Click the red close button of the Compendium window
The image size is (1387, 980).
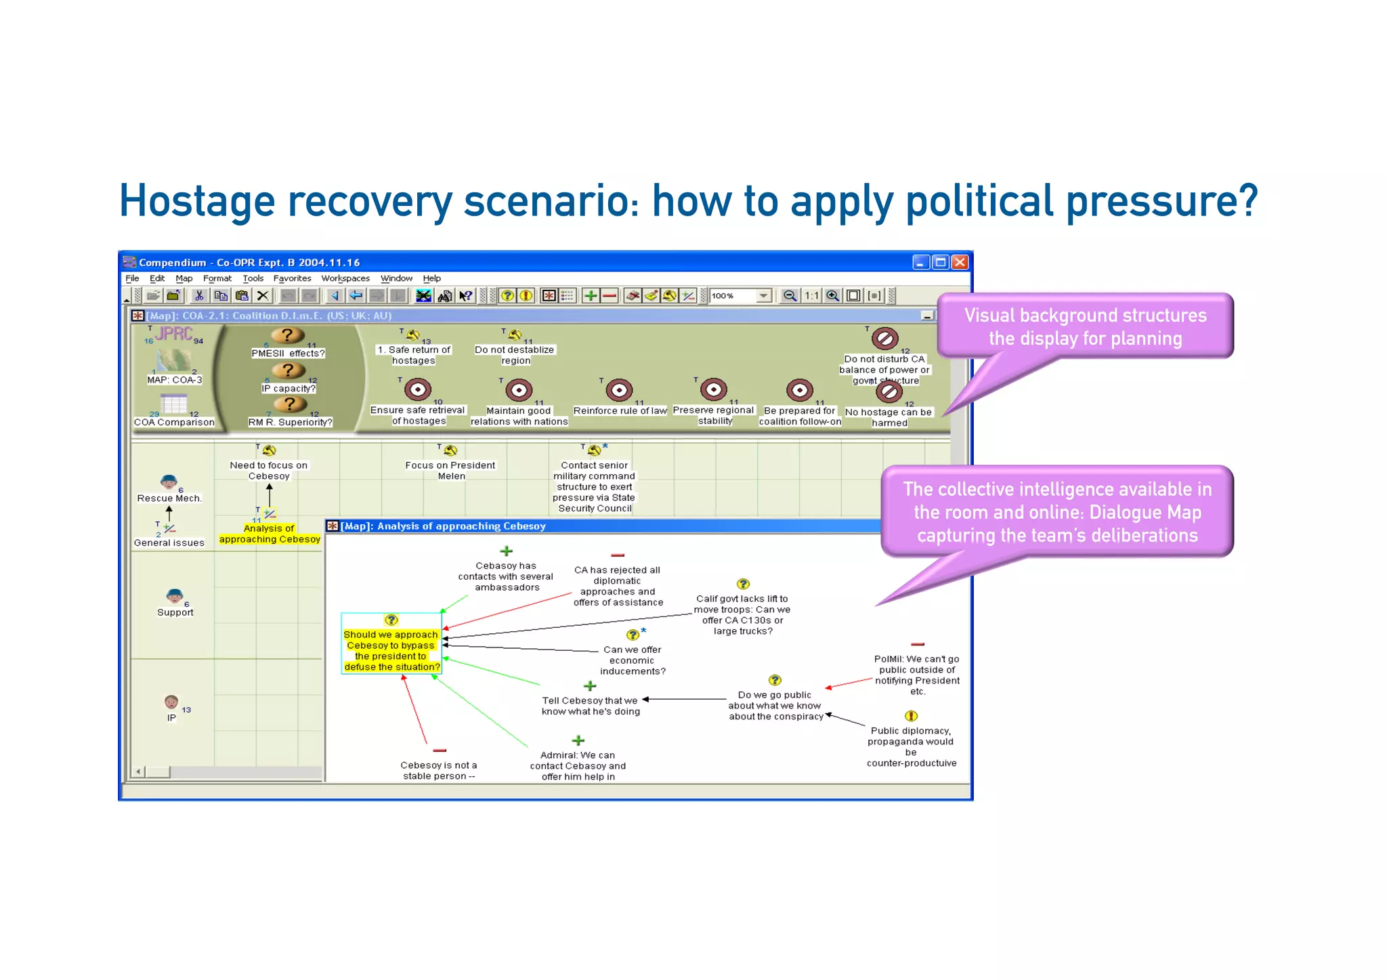point(960,262)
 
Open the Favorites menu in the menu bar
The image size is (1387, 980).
point(292,278)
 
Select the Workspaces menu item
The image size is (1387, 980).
point(345,278)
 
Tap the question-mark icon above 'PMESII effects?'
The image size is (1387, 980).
point(288,335)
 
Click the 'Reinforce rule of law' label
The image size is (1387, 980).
point(620,410)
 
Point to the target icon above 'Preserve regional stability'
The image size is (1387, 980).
point(713,389)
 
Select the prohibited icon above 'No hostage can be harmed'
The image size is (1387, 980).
point(889,391)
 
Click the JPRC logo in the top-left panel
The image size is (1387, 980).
point(173,333)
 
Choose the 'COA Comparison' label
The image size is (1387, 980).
point(174,422)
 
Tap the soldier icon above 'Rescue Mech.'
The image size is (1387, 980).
point(169,482)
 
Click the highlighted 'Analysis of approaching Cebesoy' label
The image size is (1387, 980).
point(270,534)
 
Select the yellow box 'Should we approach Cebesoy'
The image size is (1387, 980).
point(391,650)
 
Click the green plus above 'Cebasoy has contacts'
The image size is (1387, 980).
point(506,551)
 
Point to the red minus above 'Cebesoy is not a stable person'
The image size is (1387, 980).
point(440,750)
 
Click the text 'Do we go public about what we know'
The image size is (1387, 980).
point(775,705)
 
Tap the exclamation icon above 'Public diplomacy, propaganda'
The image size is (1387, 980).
point(911,716)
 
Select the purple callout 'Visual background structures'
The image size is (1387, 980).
point(1085,326)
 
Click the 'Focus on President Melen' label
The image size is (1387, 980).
point(450,470)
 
